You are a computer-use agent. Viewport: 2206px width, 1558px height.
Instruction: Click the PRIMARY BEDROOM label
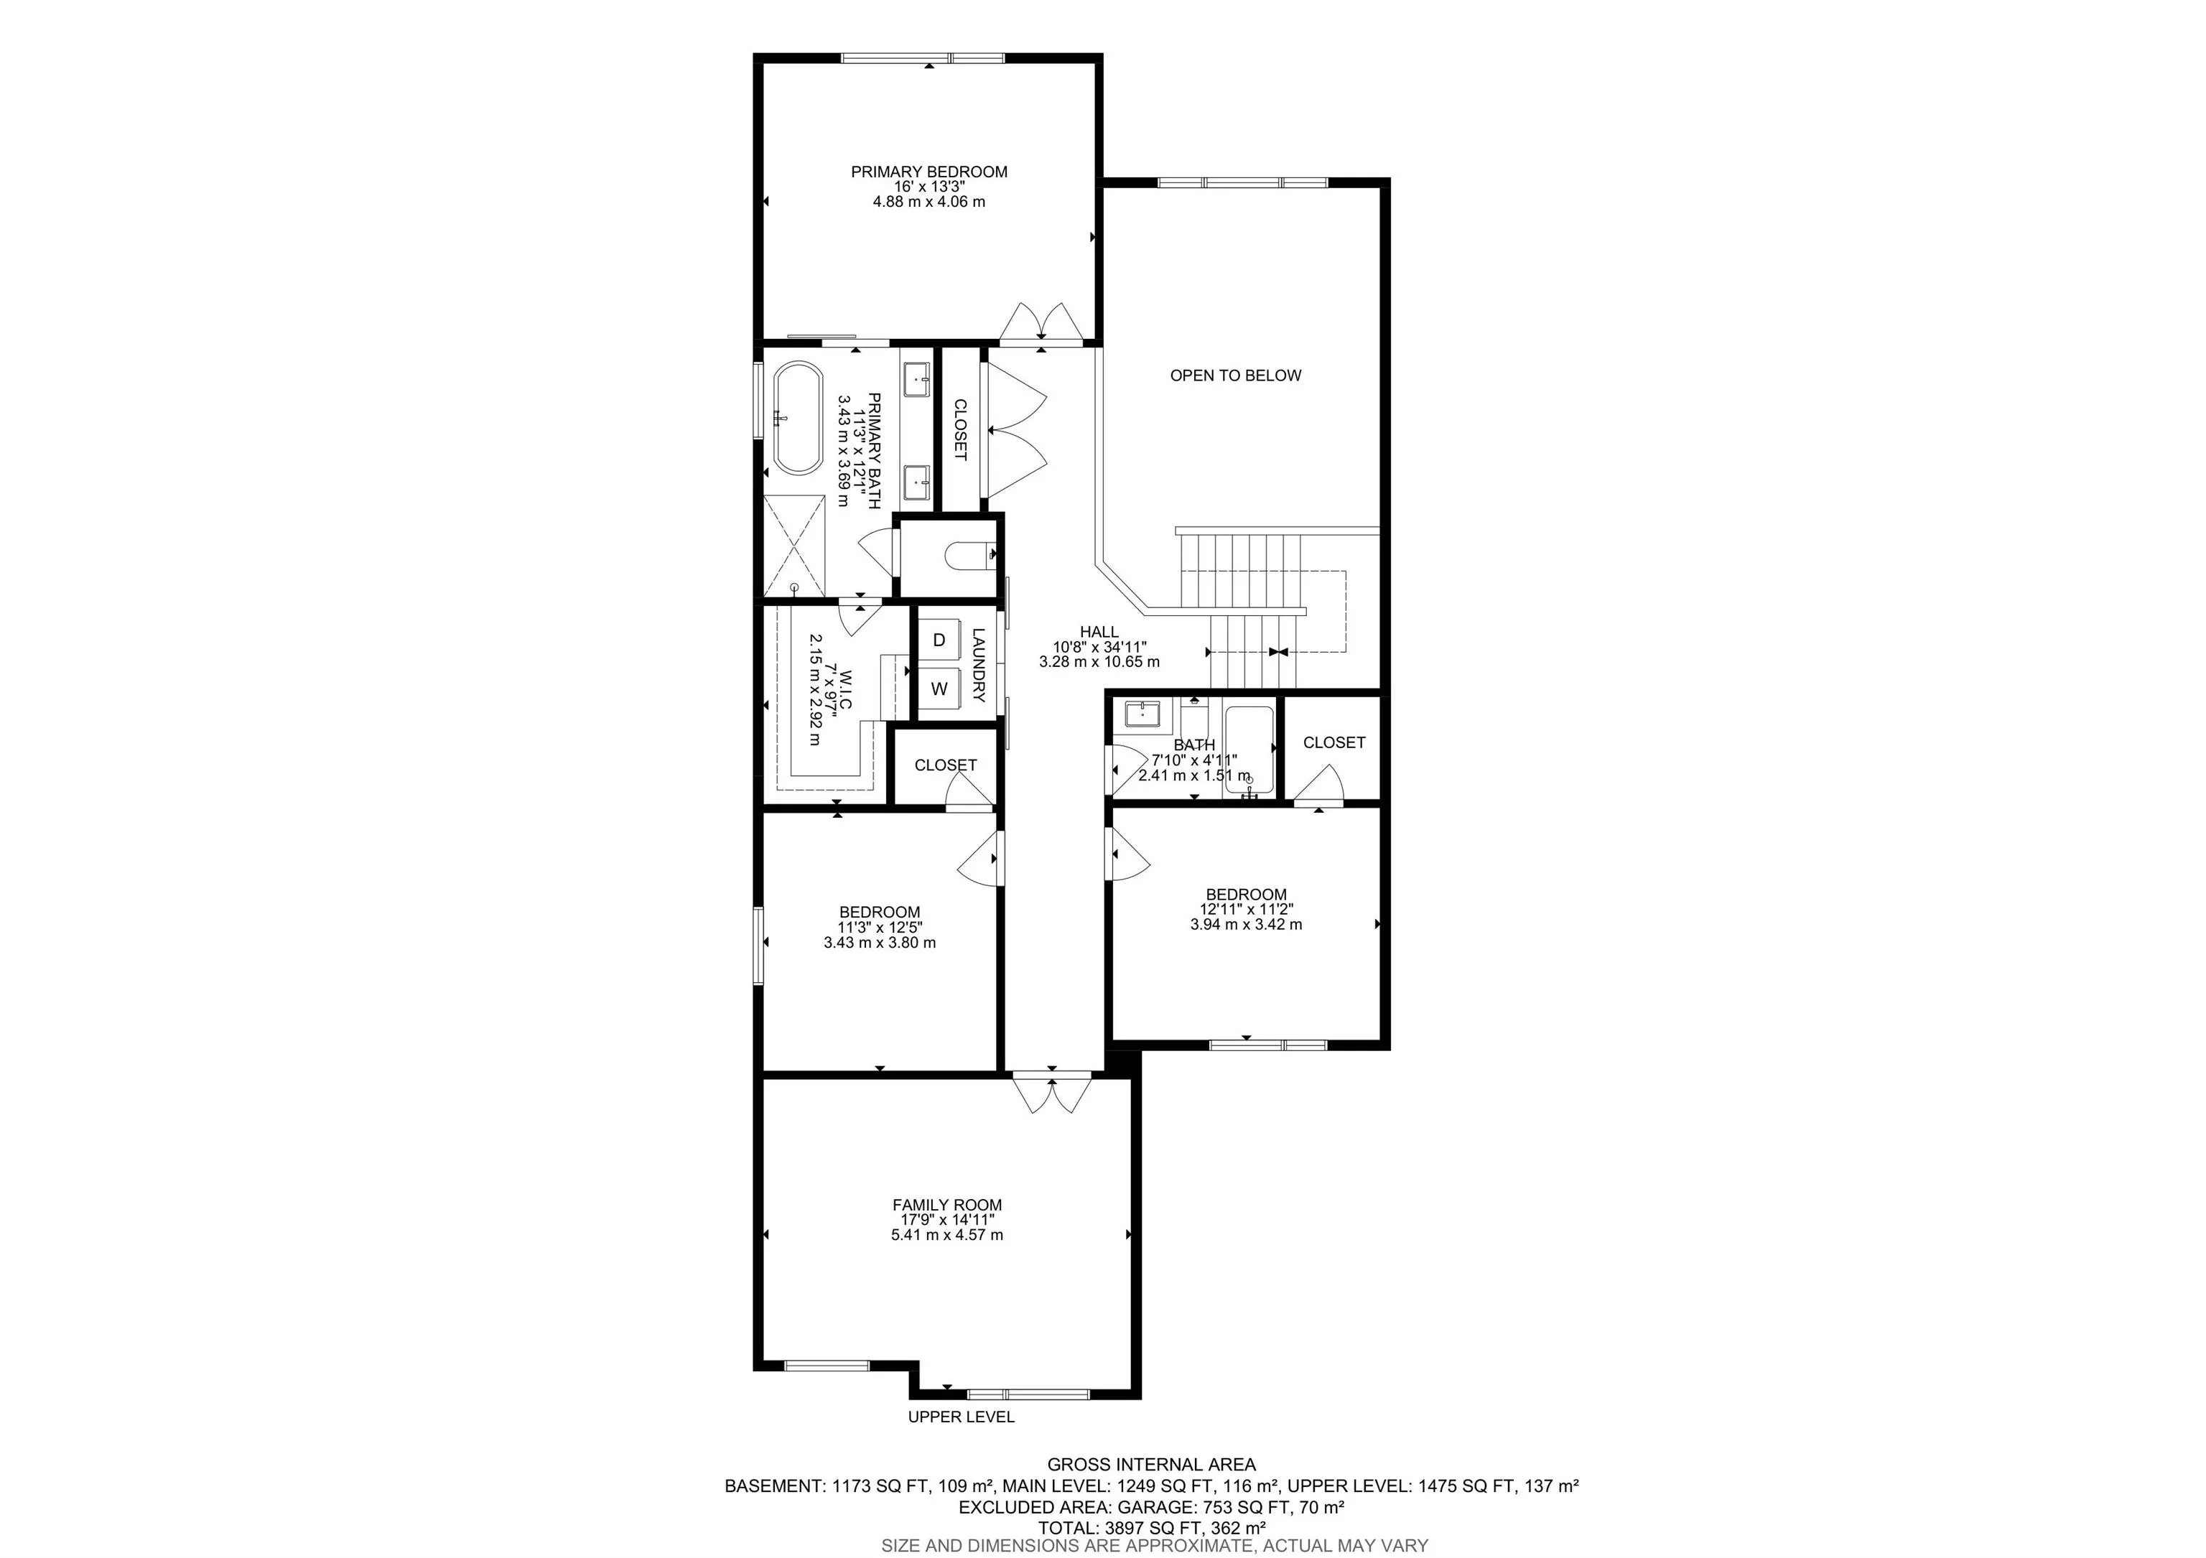point(929,172)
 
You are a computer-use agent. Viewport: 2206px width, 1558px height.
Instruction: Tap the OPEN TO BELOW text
point(1236,375)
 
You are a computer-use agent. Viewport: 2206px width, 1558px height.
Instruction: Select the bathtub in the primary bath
point(799,418)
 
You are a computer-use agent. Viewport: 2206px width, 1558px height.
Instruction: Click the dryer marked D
point(940,640)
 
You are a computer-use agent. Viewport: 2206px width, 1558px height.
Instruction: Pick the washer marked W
point(940,689)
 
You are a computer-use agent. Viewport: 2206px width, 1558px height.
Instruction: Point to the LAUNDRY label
point(979,666)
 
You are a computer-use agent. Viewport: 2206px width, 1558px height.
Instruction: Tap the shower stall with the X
point(795,546)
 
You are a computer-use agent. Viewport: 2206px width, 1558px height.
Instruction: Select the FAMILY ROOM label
point(947,1205)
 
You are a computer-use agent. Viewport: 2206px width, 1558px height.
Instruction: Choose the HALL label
point(1099,632)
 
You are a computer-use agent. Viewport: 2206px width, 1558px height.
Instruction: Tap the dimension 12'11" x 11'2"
point(1246,910)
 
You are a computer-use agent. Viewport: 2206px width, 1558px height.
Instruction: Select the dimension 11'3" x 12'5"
point(880,928)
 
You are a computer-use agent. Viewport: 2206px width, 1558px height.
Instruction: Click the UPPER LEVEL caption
point(961,1417)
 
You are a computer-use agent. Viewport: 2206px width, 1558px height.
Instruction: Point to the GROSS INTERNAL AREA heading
point(1151,1465)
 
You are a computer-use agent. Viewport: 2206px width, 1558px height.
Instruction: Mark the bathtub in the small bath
point(1248,750)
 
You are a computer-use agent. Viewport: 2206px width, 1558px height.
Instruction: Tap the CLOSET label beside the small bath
point(1334,742)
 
